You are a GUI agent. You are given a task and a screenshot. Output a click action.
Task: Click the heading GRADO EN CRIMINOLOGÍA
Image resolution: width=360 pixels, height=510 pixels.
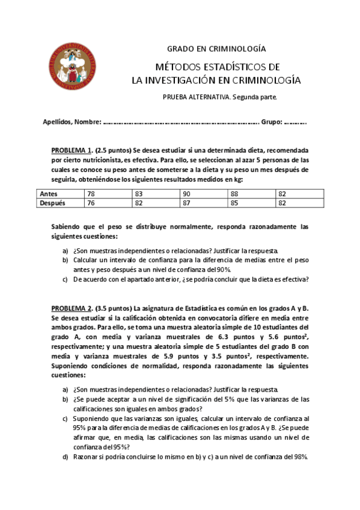(216, 49)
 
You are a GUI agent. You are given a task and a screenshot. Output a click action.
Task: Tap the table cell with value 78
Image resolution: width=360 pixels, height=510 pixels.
(91, 194)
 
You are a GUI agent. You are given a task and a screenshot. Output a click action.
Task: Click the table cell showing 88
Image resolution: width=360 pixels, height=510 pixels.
(234, 194)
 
